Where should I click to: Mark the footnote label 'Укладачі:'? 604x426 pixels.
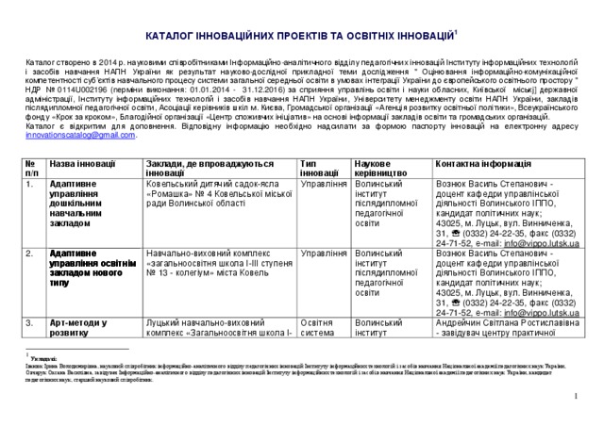(x=43, y=358)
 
